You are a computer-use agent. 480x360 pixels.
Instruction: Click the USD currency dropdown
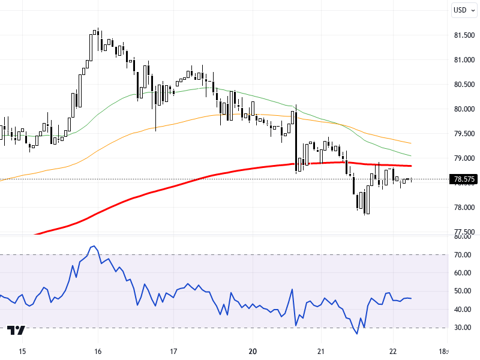[463, 10]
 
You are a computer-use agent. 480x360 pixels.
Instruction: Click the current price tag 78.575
[464, 179]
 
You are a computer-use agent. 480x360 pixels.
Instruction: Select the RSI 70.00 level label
[462, 255]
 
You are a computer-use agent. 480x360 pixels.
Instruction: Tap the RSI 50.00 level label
[462, 291]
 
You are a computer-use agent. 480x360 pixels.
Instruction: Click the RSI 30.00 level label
[462, 328]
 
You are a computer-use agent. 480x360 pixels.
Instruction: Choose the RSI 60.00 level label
[462, 273]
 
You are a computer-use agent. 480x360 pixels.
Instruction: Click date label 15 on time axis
[22, 351]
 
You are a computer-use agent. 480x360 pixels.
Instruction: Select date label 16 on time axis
[98, 351]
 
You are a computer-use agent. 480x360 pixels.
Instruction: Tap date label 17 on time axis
[173, 351]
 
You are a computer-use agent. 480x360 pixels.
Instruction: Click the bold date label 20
[252, 351]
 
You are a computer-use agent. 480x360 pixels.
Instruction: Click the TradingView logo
[16, 331]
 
